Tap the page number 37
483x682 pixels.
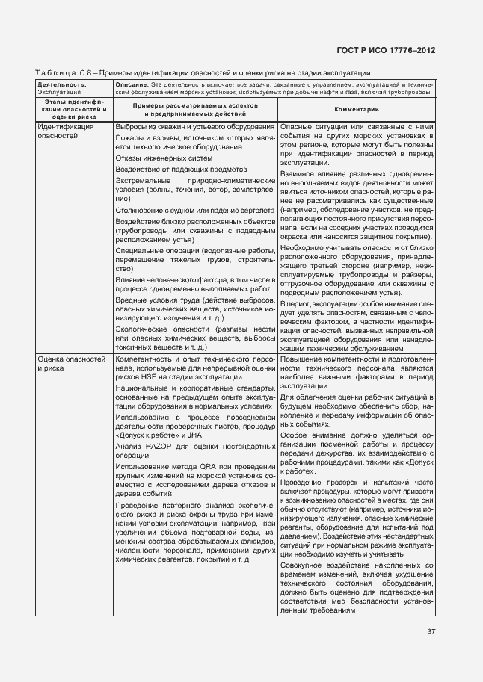tap(431, 631)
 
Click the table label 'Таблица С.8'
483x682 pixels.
tap(64, 73)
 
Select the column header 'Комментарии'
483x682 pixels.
tap(356, 109)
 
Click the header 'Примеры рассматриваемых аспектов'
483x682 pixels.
tap(194, 106)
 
